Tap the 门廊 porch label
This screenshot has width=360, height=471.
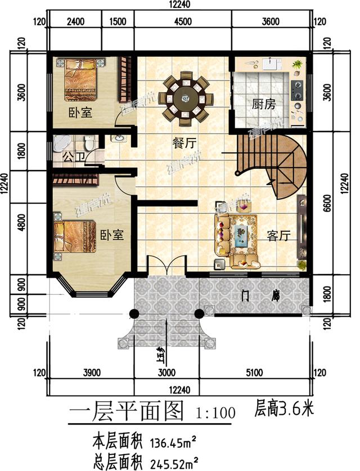click(x=258, y=295)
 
